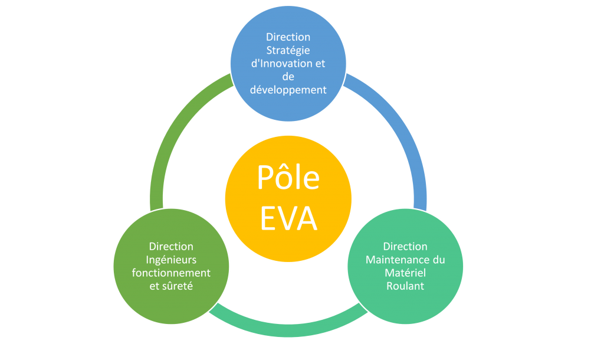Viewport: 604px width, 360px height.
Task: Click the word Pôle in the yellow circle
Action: [x=288, y=177]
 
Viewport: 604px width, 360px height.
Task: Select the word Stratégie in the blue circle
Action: [x=288, y=50]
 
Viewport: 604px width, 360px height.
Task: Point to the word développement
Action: [x=288, y=90]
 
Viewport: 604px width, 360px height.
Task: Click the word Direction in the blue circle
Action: [x=288, y=37]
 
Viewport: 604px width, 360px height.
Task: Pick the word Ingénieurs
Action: [x=171, y=260]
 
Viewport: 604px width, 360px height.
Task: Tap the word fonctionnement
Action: [x=171, y=273]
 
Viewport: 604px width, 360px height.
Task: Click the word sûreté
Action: [x=180, y=286]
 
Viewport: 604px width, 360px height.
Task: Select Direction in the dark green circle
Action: [x=171, y=247]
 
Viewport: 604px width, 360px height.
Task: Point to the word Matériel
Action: [x=405, y=273]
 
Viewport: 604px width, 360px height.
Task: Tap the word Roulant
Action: [x=405, y=286]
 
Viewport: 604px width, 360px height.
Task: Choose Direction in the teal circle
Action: [x=405, y=247]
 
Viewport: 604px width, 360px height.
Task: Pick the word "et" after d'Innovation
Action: [x=320, y=64]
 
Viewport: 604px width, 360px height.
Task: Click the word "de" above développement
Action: [x=288, y=77]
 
